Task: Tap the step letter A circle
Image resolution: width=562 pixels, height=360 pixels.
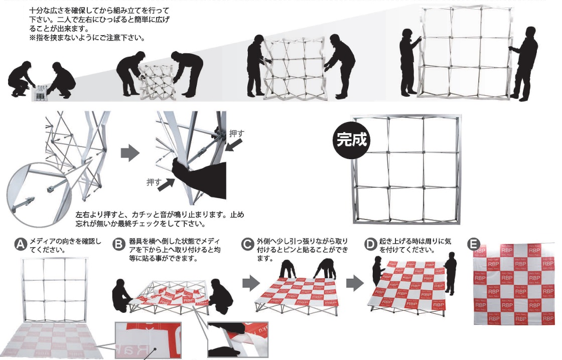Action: click(21, 245)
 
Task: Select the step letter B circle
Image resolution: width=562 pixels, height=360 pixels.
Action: click(119, 245)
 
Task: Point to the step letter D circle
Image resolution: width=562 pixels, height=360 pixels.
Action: click(370, 245)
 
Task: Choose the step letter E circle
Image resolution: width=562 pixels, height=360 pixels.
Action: click(473, 245)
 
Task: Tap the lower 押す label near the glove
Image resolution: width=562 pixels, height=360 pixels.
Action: click(154, 182)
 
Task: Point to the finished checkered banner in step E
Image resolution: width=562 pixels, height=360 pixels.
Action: click(514, 284)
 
